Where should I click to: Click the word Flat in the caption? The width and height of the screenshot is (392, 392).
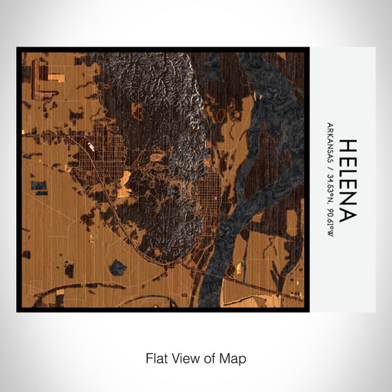click(x=157, y=358)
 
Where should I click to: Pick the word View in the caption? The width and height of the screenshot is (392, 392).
click(x=184, y=358)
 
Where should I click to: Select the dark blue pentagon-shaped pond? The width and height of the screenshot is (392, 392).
click(x=119, y=267)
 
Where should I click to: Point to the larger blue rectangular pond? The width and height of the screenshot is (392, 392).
click(x=38, y=186)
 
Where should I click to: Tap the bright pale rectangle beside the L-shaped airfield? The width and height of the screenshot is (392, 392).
click(x=56, y=77)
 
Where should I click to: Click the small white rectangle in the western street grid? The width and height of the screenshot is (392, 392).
click(x=91, y=145)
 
